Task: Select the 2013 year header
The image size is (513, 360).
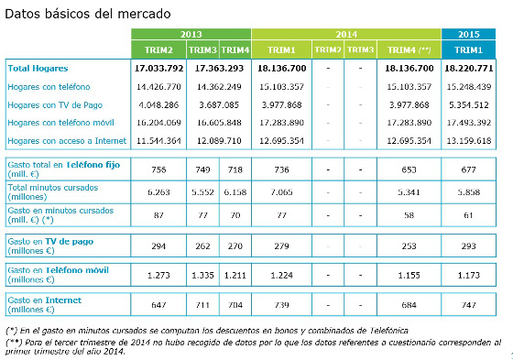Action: [191, 34]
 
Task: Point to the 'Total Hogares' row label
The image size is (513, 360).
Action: [38, 69]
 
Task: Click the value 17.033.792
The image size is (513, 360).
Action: [161, 69]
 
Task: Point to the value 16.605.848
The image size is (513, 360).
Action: [218, 123]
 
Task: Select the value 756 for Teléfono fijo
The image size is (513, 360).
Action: [159, 169]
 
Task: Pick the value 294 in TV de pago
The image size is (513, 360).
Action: [159, 246]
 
